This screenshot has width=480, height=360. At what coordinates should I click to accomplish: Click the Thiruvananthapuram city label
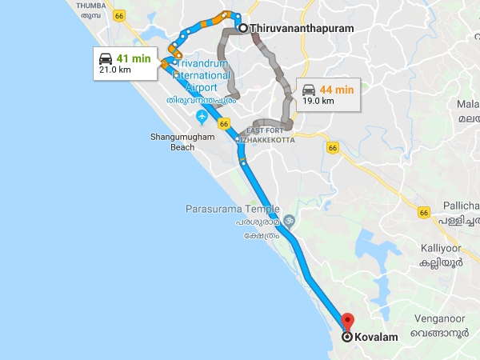tap(302, 29)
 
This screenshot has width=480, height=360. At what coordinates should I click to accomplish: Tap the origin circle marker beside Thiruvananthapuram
tap(242, 29)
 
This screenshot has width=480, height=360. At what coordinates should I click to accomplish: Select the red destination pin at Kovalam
tap(347, 322)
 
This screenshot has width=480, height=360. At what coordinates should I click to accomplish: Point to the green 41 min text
tap(133, 58)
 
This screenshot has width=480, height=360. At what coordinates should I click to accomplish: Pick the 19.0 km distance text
tap(318, 101)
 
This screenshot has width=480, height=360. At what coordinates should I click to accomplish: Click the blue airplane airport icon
tap(202, 118)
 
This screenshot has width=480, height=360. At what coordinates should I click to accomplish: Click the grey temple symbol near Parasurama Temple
tap(289, 220)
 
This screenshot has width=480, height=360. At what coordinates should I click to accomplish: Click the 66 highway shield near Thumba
tap(120, 15)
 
